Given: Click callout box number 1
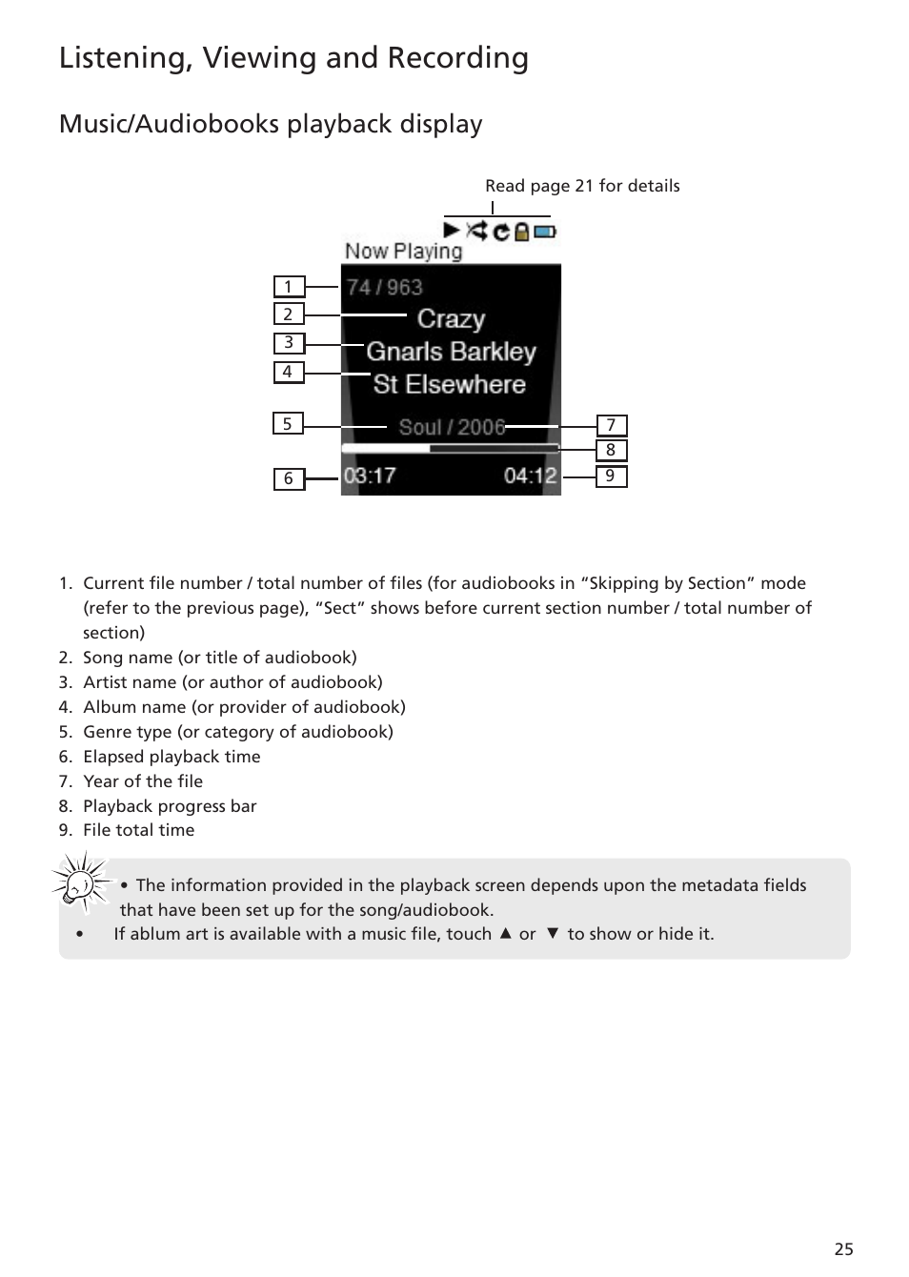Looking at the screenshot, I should (x=289, y=287).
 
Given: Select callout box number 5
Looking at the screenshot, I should (x=288, y=424).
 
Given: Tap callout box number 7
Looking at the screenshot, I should (x=611, y=425).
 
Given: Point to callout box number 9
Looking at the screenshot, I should (x=611, y=476).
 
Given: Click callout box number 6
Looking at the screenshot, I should (x=289, y=478).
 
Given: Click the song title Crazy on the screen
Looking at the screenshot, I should (x=451, y=318).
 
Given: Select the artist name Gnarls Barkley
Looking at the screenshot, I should (x=451, y=352).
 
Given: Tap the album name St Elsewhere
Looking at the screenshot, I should (x=450, y=384).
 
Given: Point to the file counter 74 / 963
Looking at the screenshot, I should (x=384, y=287).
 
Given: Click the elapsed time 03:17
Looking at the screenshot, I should (x=370, y=476).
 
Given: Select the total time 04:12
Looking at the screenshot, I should (x=530, y=476).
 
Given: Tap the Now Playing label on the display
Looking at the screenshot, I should (x=403, y=252).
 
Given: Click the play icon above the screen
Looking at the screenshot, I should (x=452, y=230).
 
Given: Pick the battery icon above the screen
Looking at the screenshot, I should (x=545, y=231).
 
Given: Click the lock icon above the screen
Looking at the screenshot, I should (x=522, y=231).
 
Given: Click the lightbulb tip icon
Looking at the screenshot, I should (x=81, y=882).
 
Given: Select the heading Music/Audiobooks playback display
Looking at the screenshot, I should (x=271, y=124).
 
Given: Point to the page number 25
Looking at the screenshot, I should (x=843, y=1249).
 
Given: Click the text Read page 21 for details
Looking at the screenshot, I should (x=582, y=186).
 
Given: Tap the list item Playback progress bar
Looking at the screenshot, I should (x=170, y=806).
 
